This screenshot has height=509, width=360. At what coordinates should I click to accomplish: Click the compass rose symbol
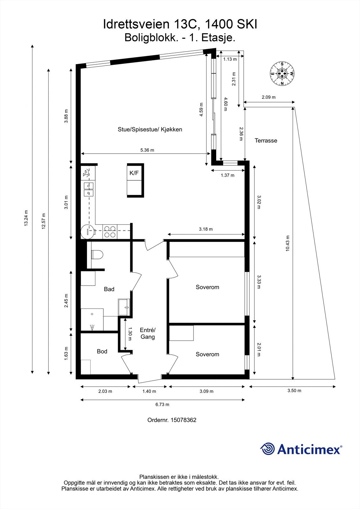282,73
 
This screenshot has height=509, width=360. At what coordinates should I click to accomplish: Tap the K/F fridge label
134,173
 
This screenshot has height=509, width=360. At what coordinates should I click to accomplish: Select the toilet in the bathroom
97,254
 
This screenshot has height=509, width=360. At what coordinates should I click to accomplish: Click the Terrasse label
266,141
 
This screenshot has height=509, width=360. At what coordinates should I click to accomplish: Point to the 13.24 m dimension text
26,218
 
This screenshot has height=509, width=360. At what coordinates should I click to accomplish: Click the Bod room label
102,351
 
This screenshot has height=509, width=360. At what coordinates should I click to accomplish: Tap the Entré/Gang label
147,333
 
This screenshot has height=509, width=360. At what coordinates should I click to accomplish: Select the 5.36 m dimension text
147,150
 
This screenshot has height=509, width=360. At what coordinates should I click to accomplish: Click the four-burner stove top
110,232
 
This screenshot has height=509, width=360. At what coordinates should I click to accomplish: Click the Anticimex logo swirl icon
267,449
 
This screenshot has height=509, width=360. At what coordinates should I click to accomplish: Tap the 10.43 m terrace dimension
287,244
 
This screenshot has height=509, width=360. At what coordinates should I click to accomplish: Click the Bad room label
109,289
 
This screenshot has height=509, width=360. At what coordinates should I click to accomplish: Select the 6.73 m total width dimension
162,404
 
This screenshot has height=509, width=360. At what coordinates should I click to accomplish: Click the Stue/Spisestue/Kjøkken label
150,129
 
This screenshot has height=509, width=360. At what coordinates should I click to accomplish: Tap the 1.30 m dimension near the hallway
130,334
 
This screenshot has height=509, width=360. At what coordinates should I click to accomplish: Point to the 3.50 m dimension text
294,391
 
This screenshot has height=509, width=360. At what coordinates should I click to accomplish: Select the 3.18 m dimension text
206,229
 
